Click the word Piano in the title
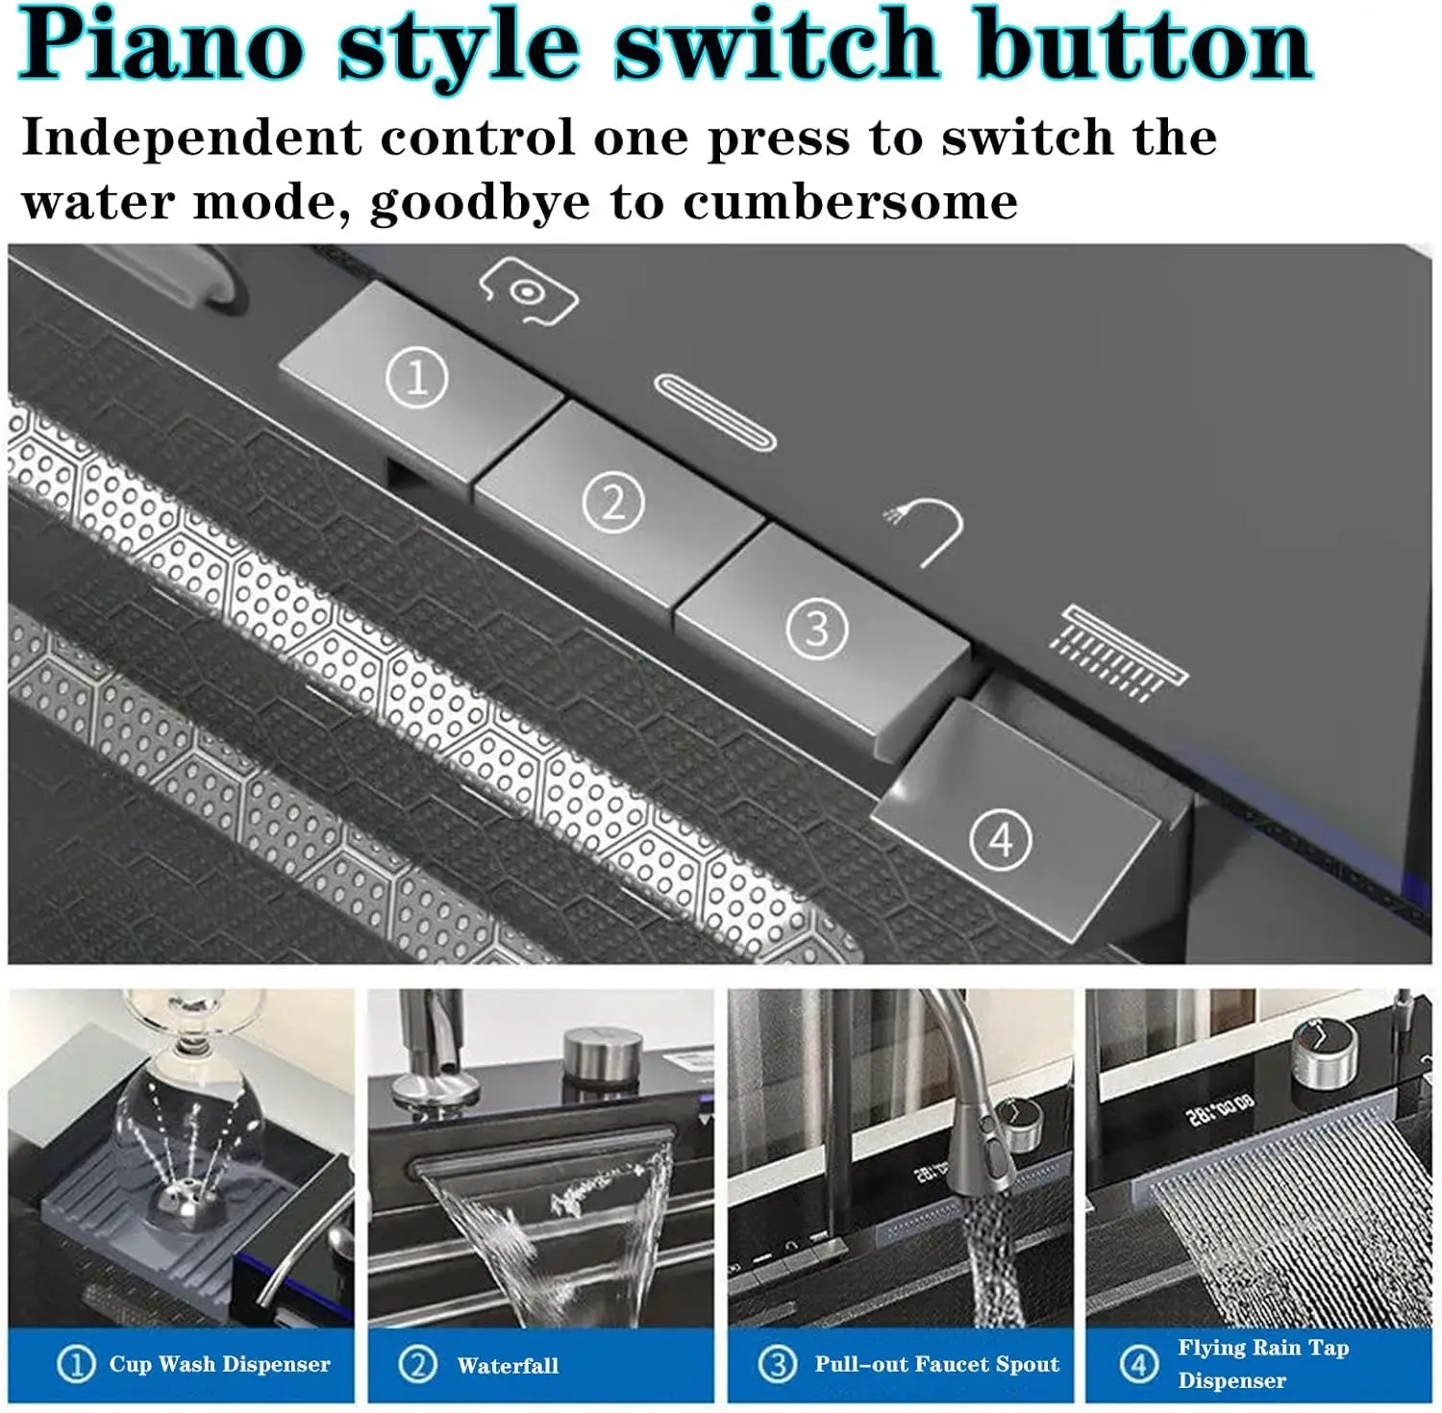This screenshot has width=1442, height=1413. point(162,44)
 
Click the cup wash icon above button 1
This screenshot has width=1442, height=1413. point(528,291)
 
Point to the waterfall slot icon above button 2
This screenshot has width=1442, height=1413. point(715,411)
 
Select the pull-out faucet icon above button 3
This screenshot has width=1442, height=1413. point(926,532)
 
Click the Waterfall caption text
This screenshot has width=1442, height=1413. point(508,1365)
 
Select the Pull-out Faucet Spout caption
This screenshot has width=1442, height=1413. point(937,1364)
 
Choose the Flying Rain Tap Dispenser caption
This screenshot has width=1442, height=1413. point(1263,1364)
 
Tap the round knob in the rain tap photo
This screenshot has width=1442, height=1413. point(1324,1053)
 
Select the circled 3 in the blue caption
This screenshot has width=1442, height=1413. point(777,1364)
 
